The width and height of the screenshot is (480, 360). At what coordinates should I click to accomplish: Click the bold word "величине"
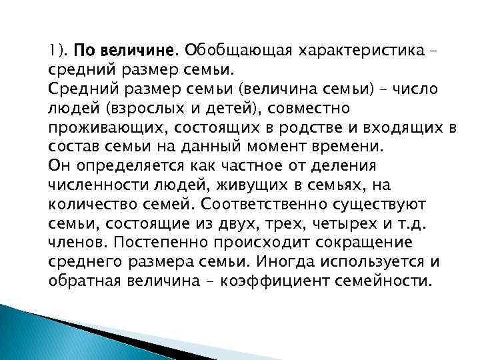click(x=136, y=50)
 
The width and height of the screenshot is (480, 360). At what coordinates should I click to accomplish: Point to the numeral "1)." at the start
click(x=59, y=50)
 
